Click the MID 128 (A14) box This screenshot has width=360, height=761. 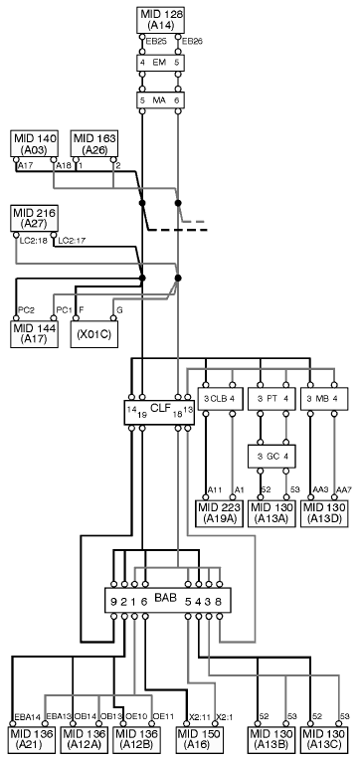pos(160,20)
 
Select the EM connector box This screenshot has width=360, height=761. pos(160,63)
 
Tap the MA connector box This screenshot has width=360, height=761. pos(160,100)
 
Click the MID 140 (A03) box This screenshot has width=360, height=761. pos(34,143)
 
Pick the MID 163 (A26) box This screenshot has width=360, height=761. pos(94,143)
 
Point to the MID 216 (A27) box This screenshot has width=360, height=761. pos(34,219)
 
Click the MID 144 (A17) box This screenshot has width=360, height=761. pos(34,334)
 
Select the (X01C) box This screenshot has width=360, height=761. pos(94,334)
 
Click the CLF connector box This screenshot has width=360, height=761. pos(159,413)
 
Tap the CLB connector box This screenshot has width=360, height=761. pos(220,399)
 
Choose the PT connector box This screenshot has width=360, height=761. pos(272,399)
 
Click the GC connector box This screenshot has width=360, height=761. pos(272,457)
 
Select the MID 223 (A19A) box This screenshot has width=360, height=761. pos(220,513)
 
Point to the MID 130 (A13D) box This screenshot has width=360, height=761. pos(324,513)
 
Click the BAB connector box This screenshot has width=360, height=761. pos(168,601)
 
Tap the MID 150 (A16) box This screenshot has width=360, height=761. pos(199,740)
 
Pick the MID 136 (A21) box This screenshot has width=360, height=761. pos(34,740)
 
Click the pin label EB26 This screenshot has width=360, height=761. pos(191,42)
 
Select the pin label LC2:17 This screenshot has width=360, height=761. pos(72,241)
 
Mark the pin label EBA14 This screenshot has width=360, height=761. pos(27,717)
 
